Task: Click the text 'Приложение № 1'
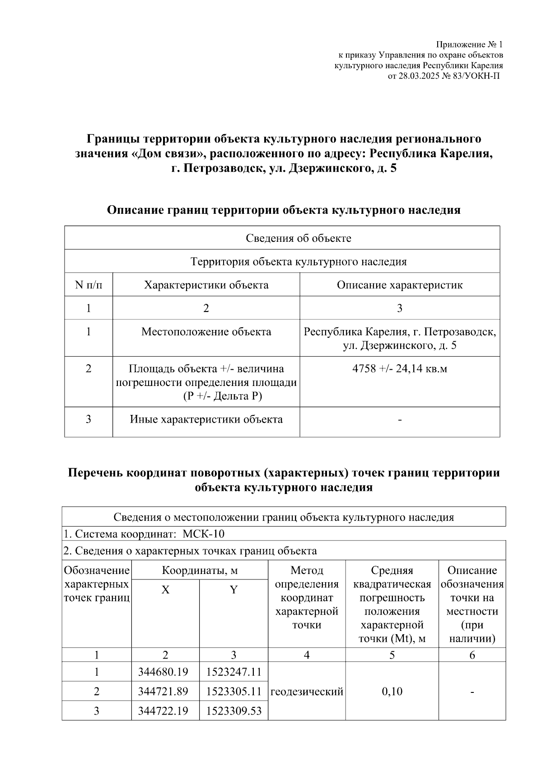[469, 44]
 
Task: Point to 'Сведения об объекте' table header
[299, 238]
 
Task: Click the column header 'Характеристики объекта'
[206, 285]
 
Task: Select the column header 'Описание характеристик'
[400, 285]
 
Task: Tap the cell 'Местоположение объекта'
[206, 332]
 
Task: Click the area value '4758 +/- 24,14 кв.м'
[400, 368]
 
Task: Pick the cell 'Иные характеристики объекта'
[206, 419]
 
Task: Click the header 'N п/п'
[89, 285]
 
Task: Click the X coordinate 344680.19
[165, 672]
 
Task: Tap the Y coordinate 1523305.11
[234, 691]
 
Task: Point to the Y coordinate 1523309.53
[234, 711]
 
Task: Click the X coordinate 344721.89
[165, 691]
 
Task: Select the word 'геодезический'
[307, 691]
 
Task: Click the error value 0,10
[392, 691]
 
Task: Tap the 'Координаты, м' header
[200, 570]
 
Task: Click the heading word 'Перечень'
[95, 473]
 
